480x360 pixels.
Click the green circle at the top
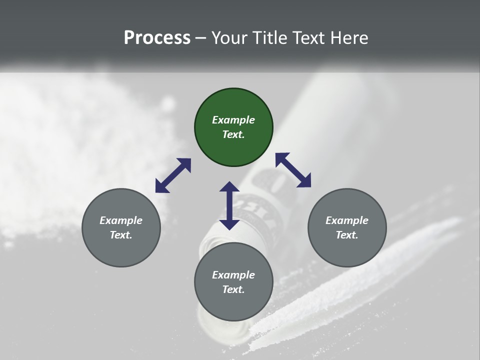[x=233, y=127]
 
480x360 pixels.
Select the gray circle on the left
[x=121, y=228]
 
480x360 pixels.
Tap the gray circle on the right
[x=347, y=228]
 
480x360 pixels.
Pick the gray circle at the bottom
[x=233, y=282]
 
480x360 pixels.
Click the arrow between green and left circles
[x=173, y=175]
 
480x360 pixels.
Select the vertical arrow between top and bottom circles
[x=229, y=205]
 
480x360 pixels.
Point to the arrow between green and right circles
[x=293, y=170]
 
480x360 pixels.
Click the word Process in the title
[x=157, y=37]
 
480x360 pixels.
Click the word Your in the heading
[x=229, y=37]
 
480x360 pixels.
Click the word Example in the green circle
[x=233, y=120]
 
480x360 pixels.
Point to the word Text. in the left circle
[x=121, y=235]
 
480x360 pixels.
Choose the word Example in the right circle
[x=347, y=220]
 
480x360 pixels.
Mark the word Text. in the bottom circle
[x=233, y=289]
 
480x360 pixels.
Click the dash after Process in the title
[x=201, y=38]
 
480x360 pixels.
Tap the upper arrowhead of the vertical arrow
[x=229, y=187]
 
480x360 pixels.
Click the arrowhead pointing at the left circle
[x=161, y=187]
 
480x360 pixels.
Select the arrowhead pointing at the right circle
[x=304, y=181]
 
